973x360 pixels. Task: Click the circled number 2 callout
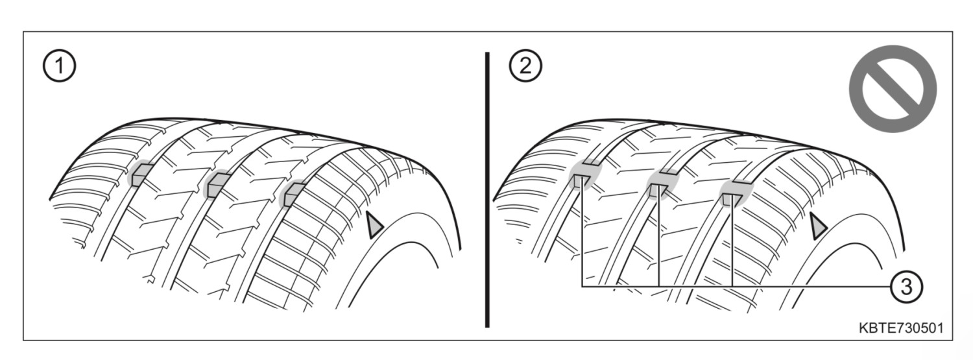[525, 66]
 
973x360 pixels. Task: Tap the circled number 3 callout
[907, 287]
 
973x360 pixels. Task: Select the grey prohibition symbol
[893, 89]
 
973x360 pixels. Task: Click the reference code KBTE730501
[901, 328]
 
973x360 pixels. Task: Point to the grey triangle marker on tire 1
[375, 224]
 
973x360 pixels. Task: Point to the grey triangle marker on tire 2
[819, 226]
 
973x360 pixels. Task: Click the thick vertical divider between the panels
[487, 190]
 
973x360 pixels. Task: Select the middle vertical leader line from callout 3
[659, 236]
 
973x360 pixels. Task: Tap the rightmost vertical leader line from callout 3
[732, 241]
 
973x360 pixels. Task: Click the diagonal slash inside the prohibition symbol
[893, 89]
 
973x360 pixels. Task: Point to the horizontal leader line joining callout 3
[736, 287]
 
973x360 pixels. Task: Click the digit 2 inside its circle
[525, 66]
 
